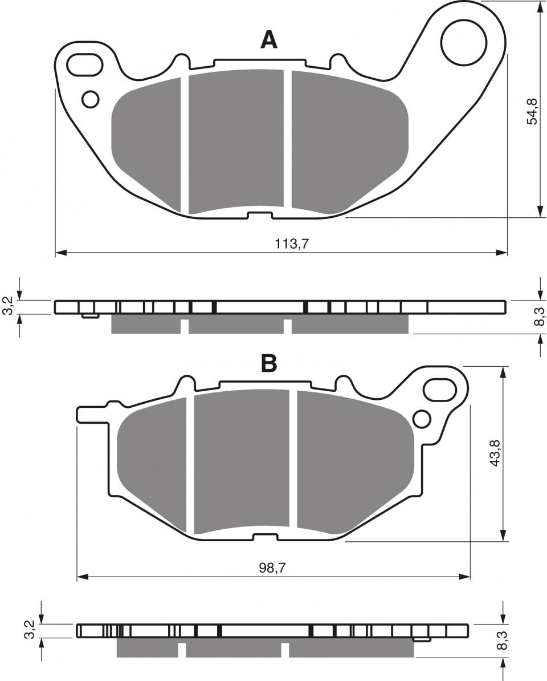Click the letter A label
[x=268, y=40]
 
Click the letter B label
[x=268, y=363]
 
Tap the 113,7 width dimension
[x=292, y=244]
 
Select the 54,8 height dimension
[x=532, y=111]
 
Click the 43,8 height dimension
[x=495, y=453]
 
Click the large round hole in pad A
[x=464, y=43]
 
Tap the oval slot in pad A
[x=86, y=64]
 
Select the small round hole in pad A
[x=90, y=99]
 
